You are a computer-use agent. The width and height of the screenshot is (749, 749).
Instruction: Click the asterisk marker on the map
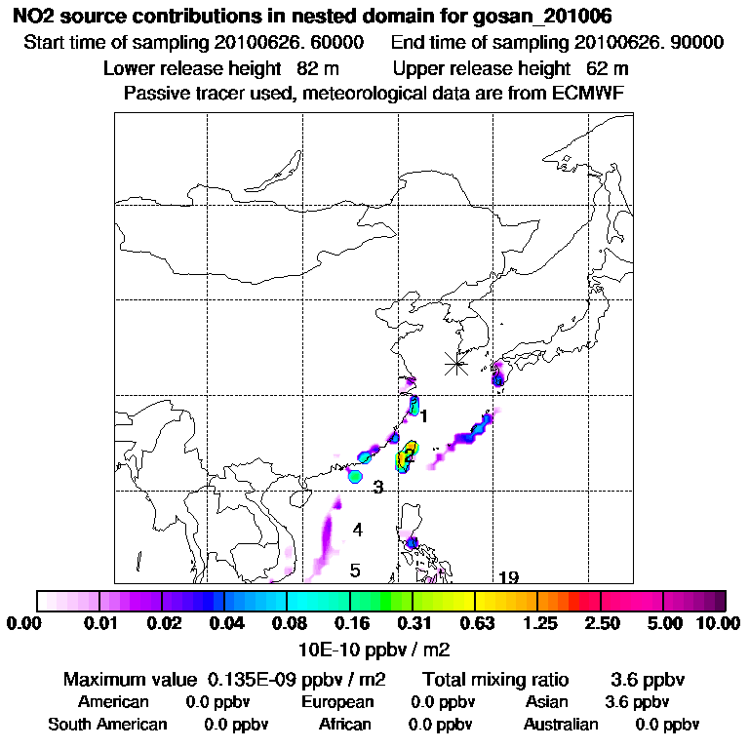point(455,364)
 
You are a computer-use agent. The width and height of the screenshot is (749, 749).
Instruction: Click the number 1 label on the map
point(424,416)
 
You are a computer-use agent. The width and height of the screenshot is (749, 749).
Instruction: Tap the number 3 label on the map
point(377,487)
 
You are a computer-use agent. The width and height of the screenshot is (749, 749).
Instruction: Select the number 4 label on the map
point(358,530)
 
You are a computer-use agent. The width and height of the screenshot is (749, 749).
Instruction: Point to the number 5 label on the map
point(355,571)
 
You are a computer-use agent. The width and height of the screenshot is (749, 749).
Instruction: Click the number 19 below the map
point(507,577)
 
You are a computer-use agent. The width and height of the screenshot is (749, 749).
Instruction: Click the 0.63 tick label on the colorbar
point(475,622)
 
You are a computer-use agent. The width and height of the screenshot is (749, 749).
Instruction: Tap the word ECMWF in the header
point(589,93)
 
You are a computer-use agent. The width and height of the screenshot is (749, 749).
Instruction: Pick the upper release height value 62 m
point(608,68)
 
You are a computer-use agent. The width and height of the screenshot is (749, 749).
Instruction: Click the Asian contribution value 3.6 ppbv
point(637,702)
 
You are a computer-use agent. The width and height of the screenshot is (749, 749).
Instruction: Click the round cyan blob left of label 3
point(355,476)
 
